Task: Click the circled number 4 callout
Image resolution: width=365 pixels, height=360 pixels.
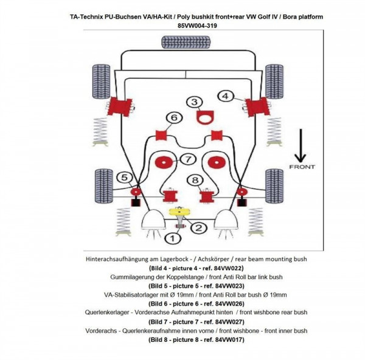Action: click(x=225, y=96)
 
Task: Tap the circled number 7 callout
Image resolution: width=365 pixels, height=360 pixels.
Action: click(x=189, y=159)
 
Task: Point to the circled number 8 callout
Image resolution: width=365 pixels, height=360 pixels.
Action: click(x=194, y=179)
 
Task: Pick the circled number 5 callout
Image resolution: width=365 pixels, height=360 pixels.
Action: click(x=125, y=178)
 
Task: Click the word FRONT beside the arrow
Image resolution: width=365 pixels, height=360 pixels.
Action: click(x=302, y=165)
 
